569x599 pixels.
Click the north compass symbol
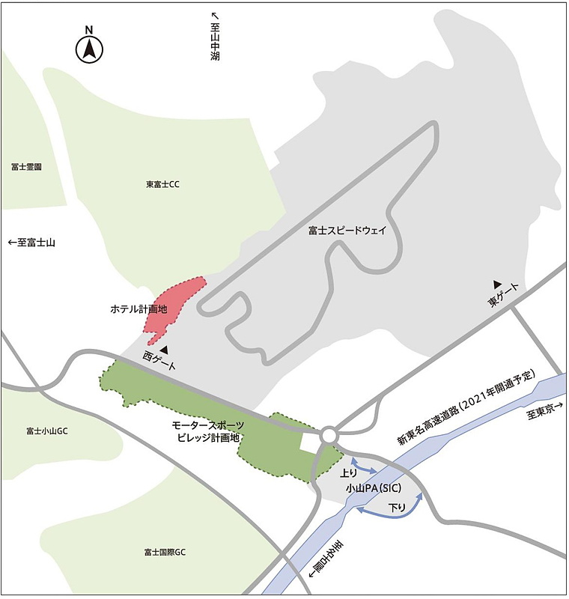[89, 49]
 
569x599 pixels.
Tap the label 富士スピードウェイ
[347, 231]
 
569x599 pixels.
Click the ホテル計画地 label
[138, 308]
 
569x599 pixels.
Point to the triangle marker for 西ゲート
[164, 349]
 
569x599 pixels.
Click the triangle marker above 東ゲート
[496, 284]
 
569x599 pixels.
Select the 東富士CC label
[163, 184]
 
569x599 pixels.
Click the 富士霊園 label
[26, 166]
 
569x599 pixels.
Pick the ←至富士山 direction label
[31, 243]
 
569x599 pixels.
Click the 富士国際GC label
[165, 553]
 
